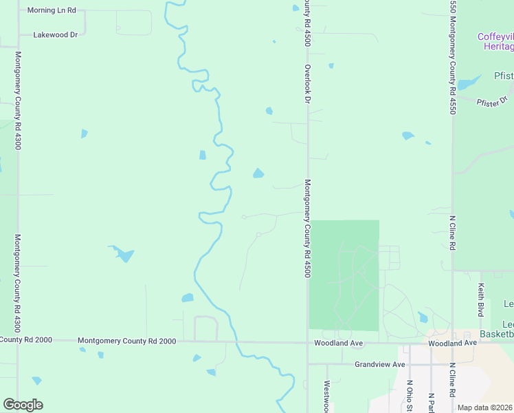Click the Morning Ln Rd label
[x=52, y=11]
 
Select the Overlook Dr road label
[x=309, y=85]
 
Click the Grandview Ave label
[x=380, y=364]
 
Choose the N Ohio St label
[x=409, y=395]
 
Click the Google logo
[x=23, y=405]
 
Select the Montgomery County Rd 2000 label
[x=126, y=341]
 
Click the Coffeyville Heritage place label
[x=496, y=41]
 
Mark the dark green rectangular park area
[x=344, y=275]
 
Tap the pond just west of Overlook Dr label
[x=269, y=111]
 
